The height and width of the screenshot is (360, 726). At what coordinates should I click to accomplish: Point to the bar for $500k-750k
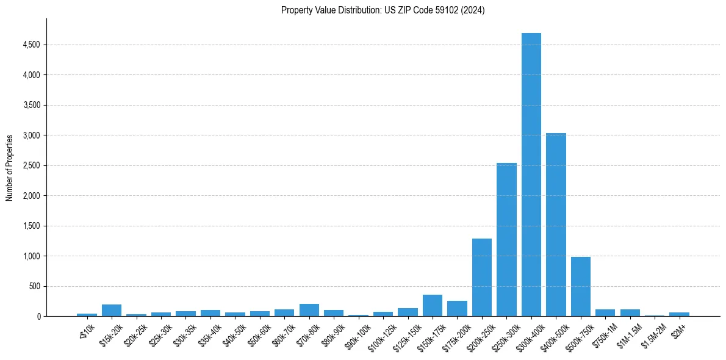pos(580,286)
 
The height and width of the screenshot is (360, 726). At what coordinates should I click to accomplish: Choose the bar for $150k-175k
pos(433,305)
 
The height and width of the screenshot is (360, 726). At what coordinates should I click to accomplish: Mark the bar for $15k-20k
pos(112,310)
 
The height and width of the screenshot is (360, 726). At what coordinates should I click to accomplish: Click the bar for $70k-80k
pos(309,310)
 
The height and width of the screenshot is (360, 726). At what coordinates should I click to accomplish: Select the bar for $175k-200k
pos(457,308)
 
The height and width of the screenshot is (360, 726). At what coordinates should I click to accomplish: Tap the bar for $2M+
pos(679,314)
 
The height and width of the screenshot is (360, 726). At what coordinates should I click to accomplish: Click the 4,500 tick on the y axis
pos(31,45)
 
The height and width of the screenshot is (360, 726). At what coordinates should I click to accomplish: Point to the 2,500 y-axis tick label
pos(31,165)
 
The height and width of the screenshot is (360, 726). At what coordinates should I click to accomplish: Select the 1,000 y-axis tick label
pos(31,256)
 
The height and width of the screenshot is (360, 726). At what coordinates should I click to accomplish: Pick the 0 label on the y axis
pos(38,316)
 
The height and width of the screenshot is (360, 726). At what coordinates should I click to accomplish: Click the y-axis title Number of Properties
pos(10,168)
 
